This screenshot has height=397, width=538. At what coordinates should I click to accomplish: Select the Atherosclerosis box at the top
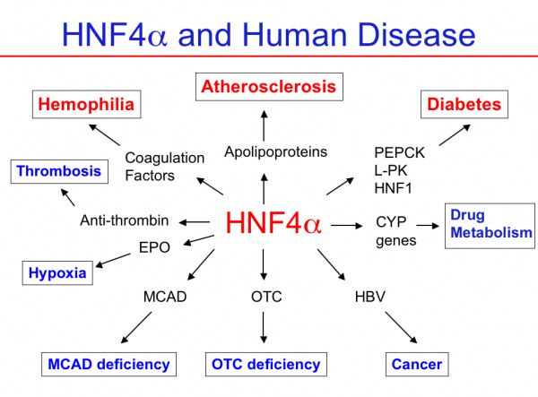[x=268, y=87]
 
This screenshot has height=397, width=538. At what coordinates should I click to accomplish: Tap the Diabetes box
[x=464, y=105]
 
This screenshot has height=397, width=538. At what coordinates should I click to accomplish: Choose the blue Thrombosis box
[x=58, y=170]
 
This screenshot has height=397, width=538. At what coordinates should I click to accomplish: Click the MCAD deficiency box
[x=108, y=365]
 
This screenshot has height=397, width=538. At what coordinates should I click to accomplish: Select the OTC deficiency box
[x=265, y=365]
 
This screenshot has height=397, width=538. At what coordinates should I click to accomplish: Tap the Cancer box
[x=417, y=365]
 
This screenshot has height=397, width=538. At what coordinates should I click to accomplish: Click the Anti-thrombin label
[x=125, y=220]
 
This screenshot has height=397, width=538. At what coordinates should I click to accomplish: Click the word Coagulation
[x=165, y=158]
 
